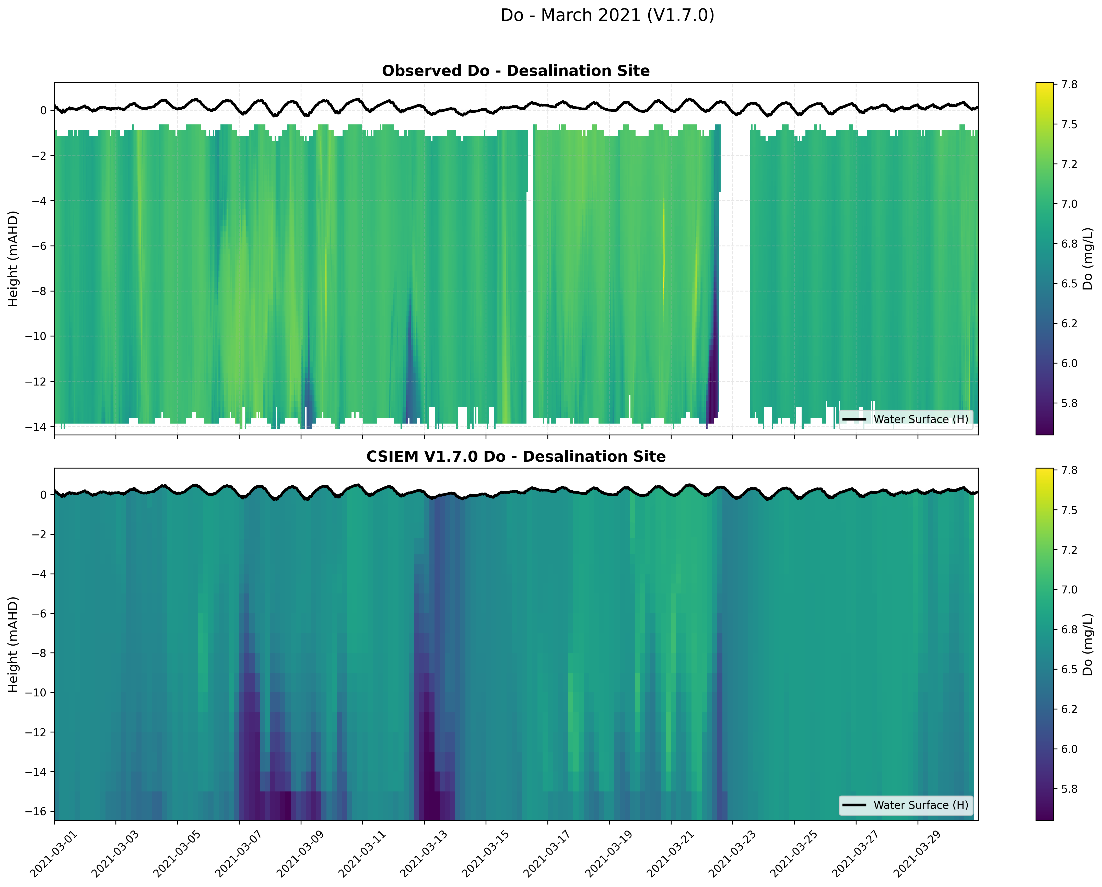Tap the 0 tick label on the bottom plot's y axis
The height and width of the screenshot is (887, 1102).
pyautogui.click(x=43, y=495)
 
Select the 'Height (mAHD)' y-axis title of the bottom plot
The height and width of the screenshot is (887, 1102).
pyautogui.click(x=13, y=644)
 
